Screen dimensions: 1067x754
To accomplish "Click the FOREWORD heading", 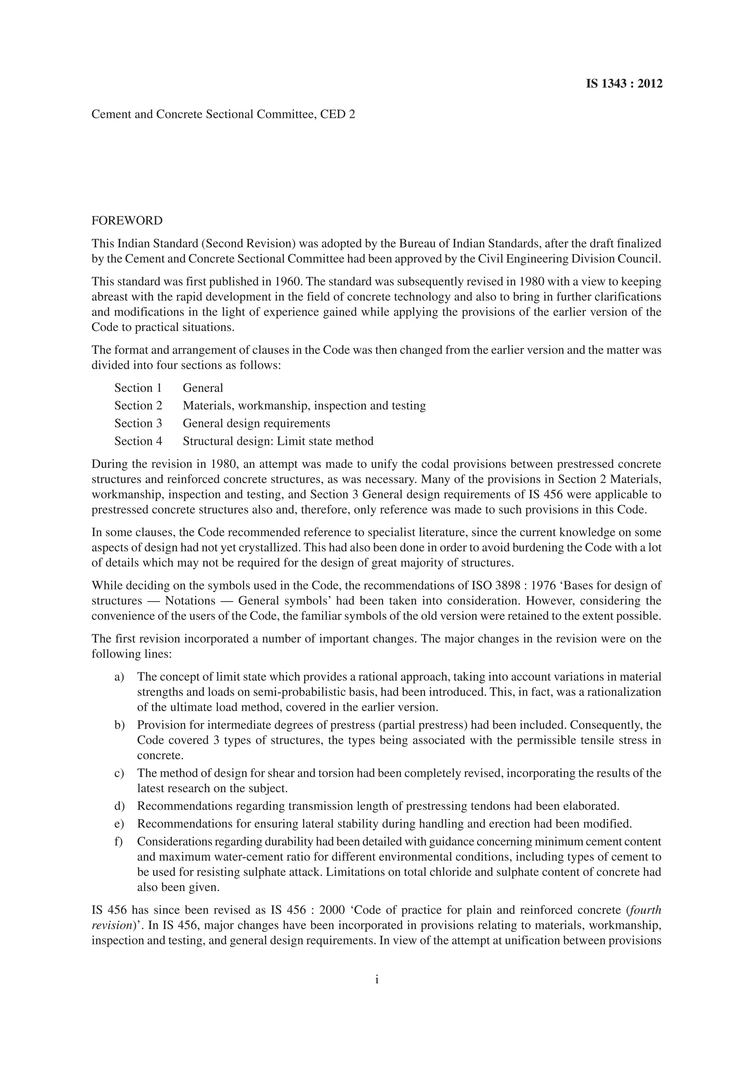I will (127, 221).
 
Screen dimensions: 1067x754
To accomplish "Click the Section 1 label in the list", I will (138, 388).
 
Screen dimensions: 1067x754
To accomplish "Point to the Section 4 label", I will (138, 441).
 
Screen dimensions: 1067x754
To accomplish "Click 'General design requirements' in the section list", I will (257, 423).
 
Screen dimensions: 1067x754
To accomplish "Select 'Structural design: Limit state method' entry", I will (278, 441).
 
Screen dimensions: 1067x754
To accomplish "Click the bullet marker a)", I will (119, 677).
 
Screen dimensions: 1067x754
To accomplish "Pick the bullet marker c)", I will (119, 773).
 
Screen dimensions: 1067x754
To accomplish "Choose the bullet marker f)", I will (119, 842).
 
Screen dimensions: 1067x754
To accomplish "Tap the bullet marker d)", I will (119, 805).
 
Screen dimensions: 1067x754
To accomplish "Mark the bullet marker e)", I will (119, 824).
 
